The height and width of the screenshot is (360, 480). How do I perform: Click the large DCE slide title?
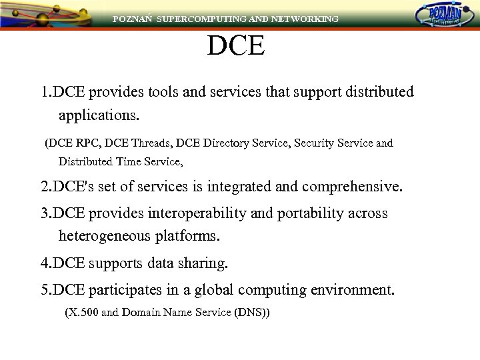point(236,46)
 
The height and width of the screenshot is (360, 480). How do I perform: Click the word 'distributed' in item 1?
point(378,91)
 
